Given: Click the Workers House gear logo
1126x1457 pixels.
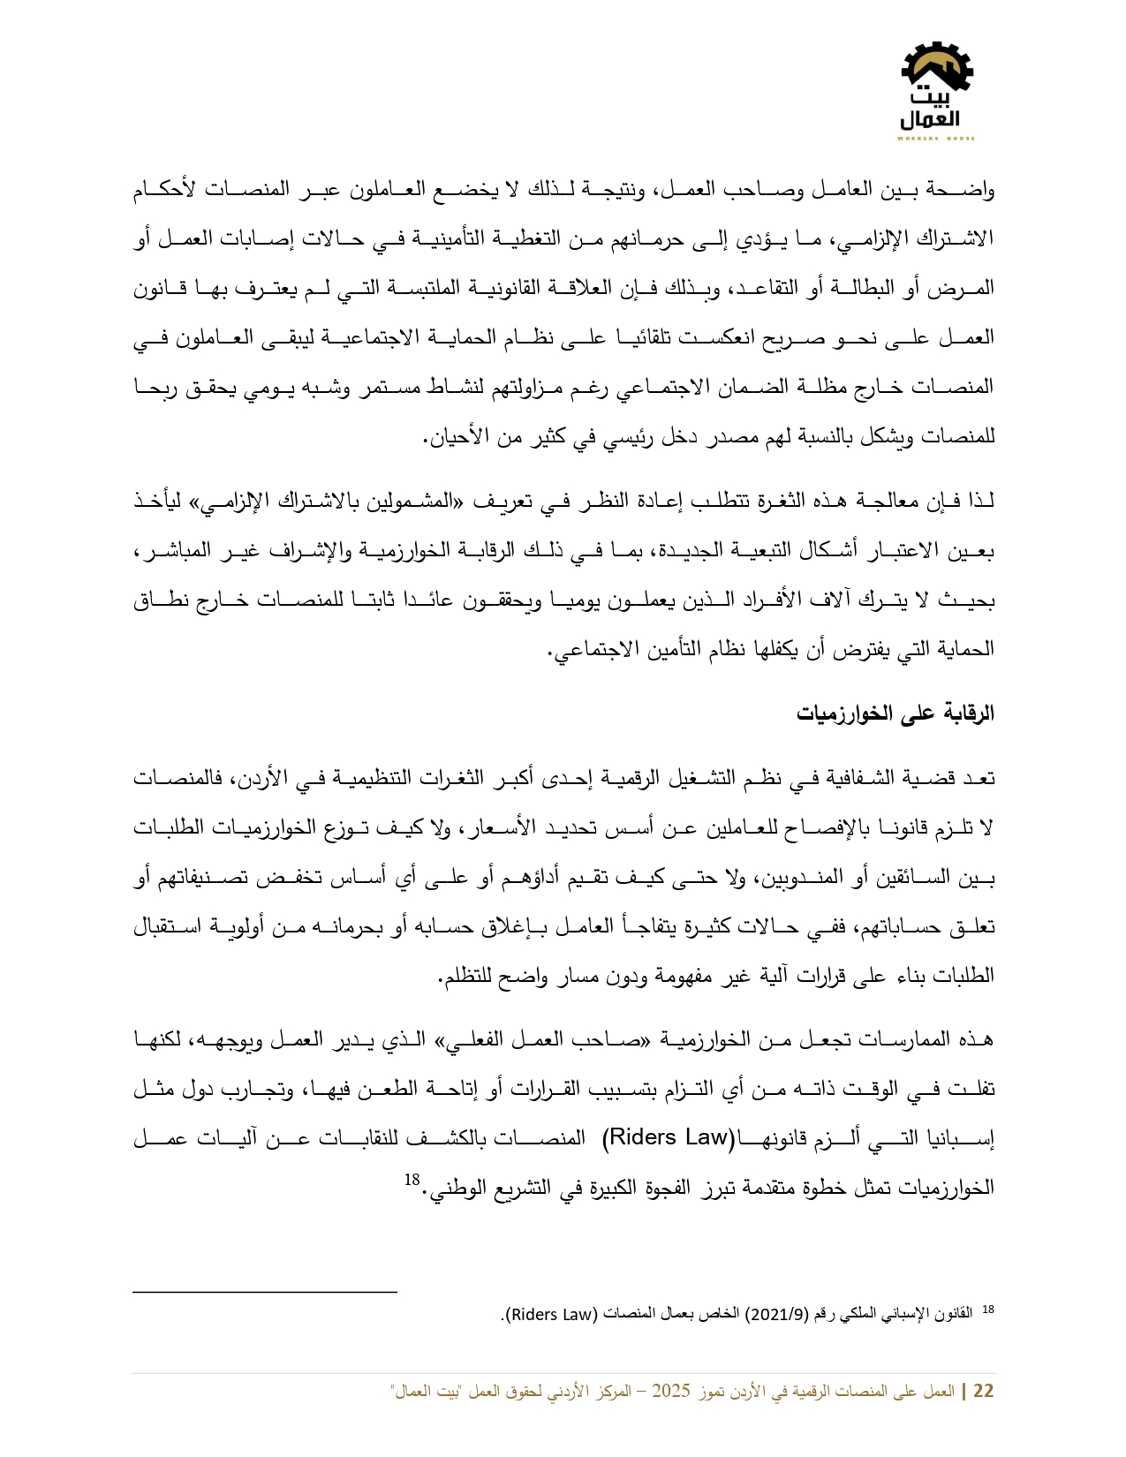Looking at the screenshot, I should click(936, 88).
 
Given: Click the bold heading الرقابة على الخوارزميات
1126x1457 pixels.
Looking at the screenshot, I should click(896, 713).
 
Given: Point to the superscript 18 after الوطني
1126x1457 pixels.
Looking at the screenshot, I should click(412, 1181).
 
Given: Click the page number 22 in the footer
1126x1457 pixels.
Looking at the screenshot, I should click(983, 1392).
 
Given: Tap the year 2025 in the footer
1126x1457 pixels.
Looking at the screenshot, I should click(670, 1392).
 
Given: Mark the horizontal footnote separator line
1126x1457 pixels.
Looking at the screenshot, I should click(265, 1292).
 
